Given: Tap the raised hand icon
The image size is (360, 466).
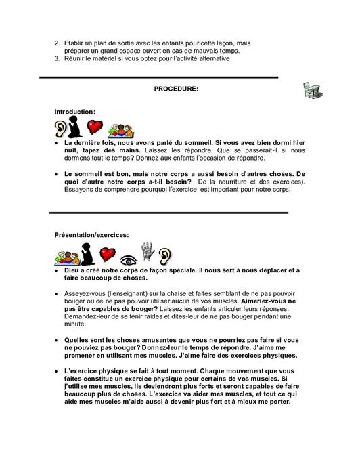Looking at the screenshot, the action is tap(148, 252).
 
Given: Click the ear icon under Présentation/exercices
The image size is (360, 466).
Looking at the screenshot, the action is tap(166, 254).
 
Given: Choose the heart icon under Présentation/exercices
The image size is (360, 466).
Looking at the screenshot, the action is tap(106, 254).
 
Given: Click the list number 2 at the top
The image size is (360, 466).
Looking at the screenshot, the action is tap(57, 43).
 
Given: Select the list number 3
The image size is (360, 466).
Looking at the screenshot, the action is tap(57, 58).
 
